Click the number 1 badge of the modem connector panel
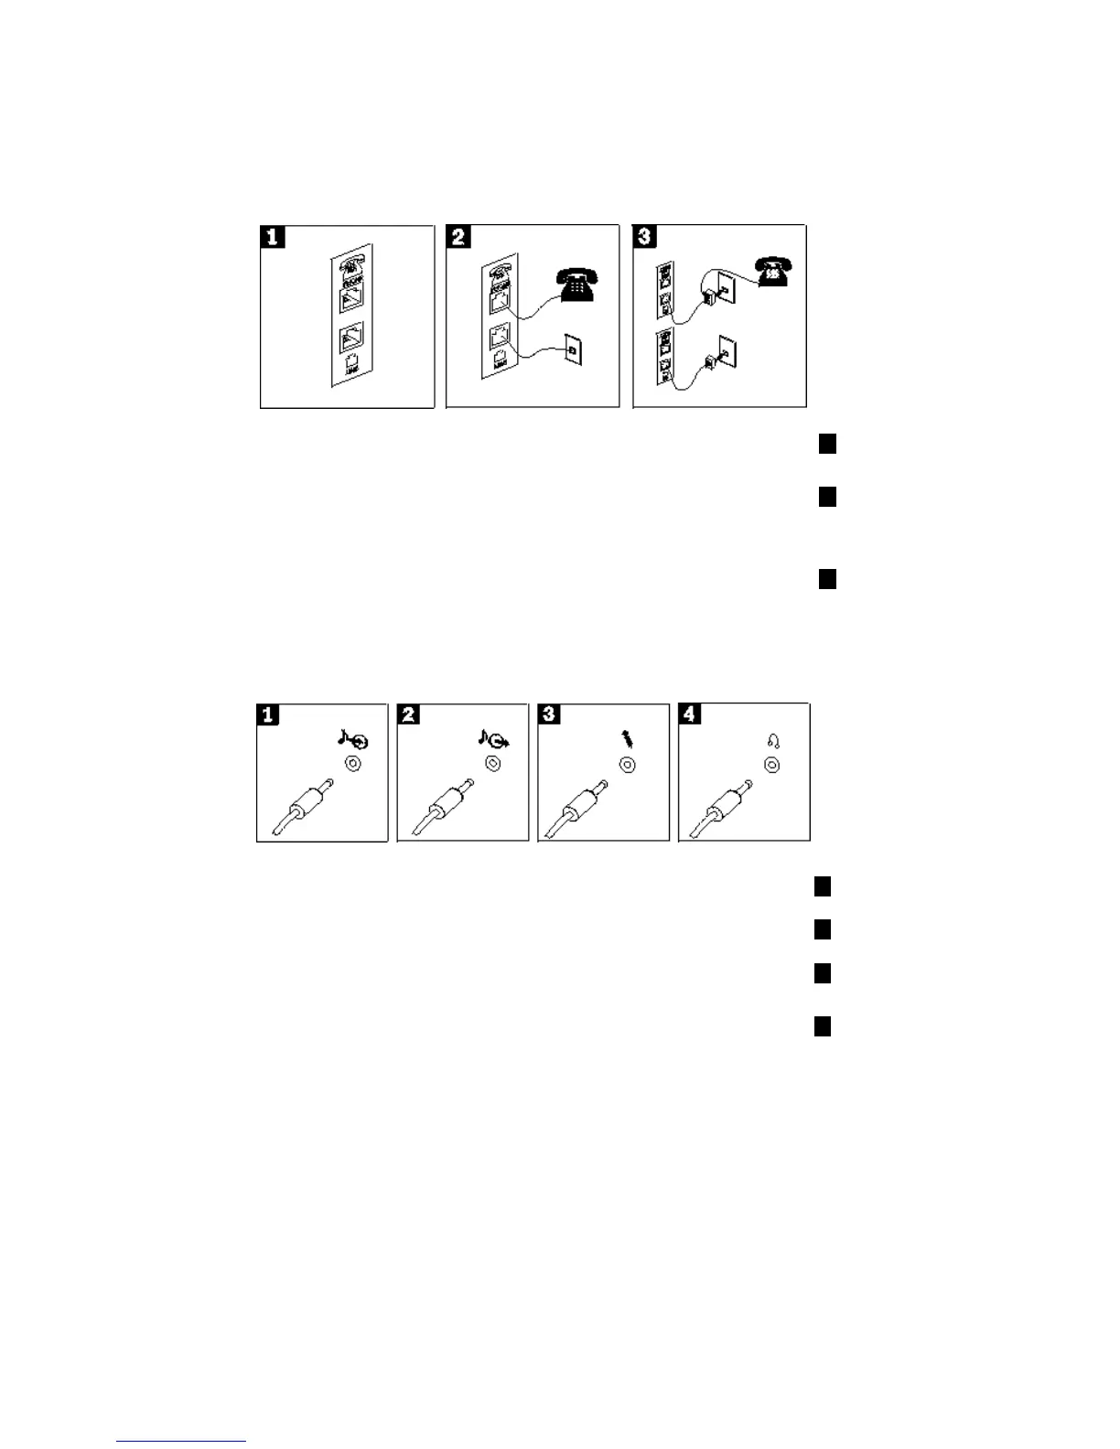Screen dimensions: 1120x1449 [x=273, y=238]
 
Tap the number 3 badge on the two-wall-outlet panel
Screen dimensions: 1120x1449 [x=645, y=238]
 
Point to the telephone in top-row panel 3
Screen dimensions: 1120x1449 [x=773, y=271]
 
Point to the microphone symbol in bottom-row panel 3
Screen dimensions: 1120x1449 [x=628, y=738]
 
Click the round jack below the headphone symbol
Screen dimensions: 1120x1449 [x=771, y=765]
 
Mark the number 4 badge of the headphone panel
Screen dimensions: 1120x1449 [x=691, y=714]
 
